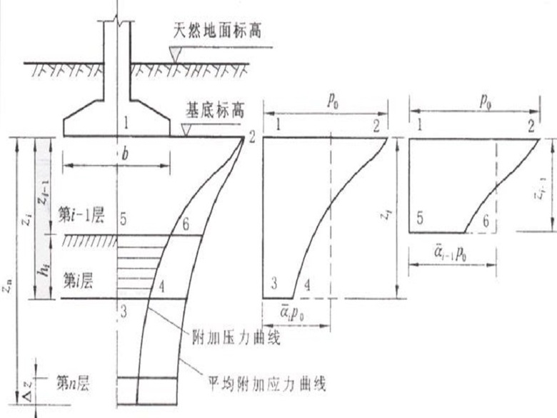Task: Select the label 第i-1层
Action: pyautogui.click(x=84, y=215)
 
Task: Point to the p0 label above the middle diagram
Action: pyautogui.click(x=331, y=101)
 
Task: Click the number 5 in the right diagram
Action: pyautogui.click(x=421, y=221)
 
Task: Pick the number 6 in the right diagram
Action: pyautogui.click(x=486, y=221)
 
